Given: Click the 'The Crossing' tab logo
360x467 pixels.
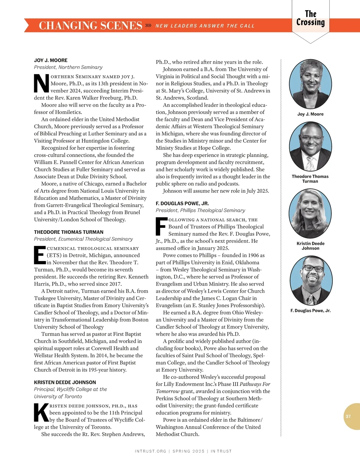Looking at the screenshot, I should pos(310,18).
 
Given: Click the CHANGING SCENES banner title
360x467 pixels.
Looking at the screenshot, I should pos(90,25).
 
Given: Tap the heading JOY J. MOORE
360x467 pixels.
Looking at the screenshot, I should pos(51,60).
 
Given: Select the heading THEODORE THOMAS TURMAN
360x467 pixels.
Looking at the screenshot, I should pos(69,232).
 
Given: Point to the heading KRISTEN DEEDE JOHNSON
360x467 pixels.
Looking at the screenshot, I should pos(65,382).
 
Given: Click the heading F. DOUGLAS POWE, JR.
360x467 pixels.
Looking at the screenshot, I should pos(182,203).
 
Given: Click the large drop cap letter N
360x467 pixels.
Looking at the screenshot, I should pos(41,84).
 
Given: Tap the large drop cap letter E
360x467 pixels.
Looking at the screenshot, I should pos(40,255).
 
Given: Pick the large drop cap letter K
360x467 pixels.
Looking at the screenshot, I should pos(41,413).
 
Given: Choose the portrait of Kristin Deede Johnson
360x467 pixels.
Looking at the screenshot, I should pos(310,213).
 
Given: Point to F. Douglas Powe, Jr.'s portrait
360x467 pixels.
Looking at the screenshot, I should pos(310,280).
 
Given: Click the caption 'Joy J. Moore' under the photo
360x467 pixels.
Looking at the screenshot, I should pos(310,114).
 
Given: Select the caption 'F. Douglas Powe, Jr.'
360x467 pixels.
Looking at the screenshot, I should pos(310,311).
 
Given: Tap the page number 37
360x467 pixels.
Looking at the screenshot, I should pos(348,416).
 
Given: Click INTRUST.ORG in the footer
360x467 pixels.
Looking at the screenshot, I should pos(150,451).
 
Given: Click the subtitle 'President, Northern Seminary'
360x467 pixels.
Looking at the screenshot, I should pos(68,67).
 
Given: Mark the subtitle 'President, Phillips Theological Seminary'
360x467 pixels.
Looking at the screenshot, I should pos(200,210).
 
